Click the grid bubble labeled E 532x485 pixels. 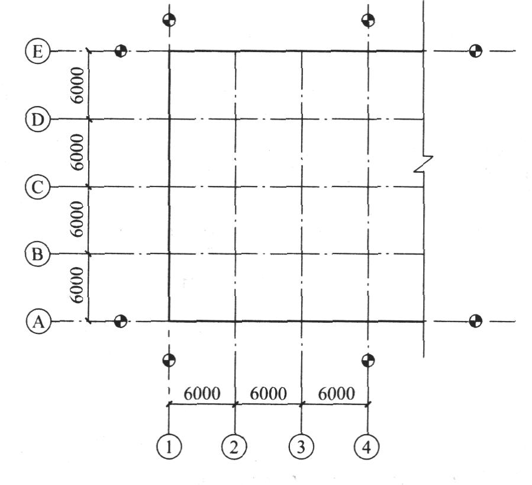38,52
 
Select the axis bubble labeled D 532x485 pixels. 38,119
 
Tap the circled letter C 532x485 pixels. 38,187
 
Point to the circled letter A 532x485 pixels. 38,321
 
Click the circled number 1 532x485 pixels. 169,447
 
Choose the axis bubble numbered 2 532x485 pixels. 234,447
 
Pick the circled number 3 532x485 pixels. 301,447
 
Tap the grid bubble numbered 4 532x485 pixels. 366,447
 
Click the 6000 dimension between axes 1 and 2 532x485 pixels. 202,394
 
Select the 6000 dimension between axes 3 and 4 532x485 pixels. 337,394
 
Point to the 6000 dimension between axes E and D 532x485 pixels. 77,85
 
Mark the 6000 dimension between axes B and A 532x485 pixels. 77,285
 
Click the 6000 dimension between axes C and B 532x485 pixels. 77,219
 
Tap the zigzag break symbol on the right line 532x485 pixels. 424,163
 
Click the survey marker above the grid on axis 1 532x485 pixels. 169,20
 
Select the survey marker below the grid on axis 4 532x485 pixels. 368,361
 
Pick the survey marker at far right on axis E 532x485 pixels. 475,52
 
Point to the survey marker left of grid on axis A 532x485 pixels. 121,321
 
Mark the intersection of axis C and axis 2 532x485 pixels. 235,187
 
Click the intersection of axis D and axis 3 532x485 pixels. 302,119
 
